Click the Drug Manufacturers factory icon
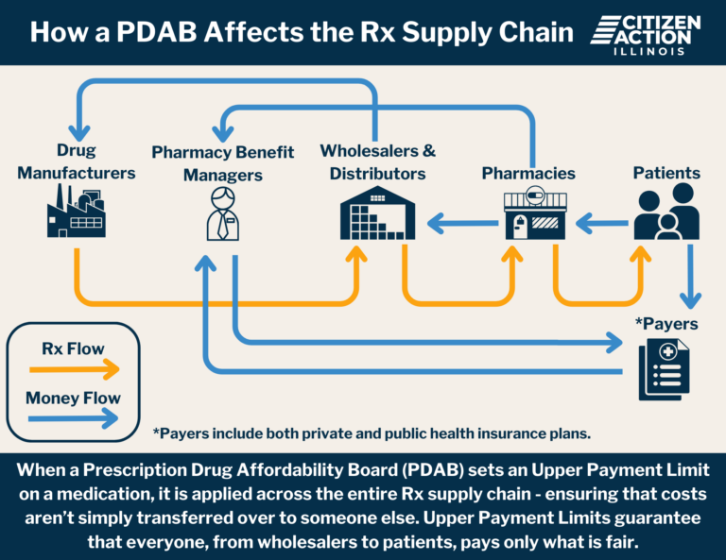pos(77,211)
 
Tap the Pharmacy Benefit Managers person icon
pos(223,213)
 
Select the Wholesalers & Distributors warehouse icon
pos(377,212)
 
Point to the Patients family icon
pos(666,212)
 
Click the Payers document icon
pos(664,369)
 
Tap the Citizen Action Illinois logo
pos(646,35)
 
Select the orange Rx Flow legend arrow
pos(74,369)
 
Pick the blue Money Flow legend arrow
pos(73,419)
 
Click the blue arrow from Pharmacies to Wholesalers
pos(462,224)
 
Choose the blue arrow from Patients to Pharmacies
pos(602,224)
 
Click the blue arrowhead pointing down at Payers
pos(690,300)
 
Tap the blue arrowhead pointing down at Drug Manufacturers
pos(79,133)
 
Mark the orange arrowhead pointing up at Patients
pos(641,254)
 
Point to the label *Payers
pos(666,324)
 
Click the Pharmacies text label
pos(528,173)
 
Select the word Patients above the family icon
pos(666,173)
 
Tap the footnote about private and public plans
pos(372,433)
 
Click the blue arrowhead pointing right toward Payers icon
pos(614,343)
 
